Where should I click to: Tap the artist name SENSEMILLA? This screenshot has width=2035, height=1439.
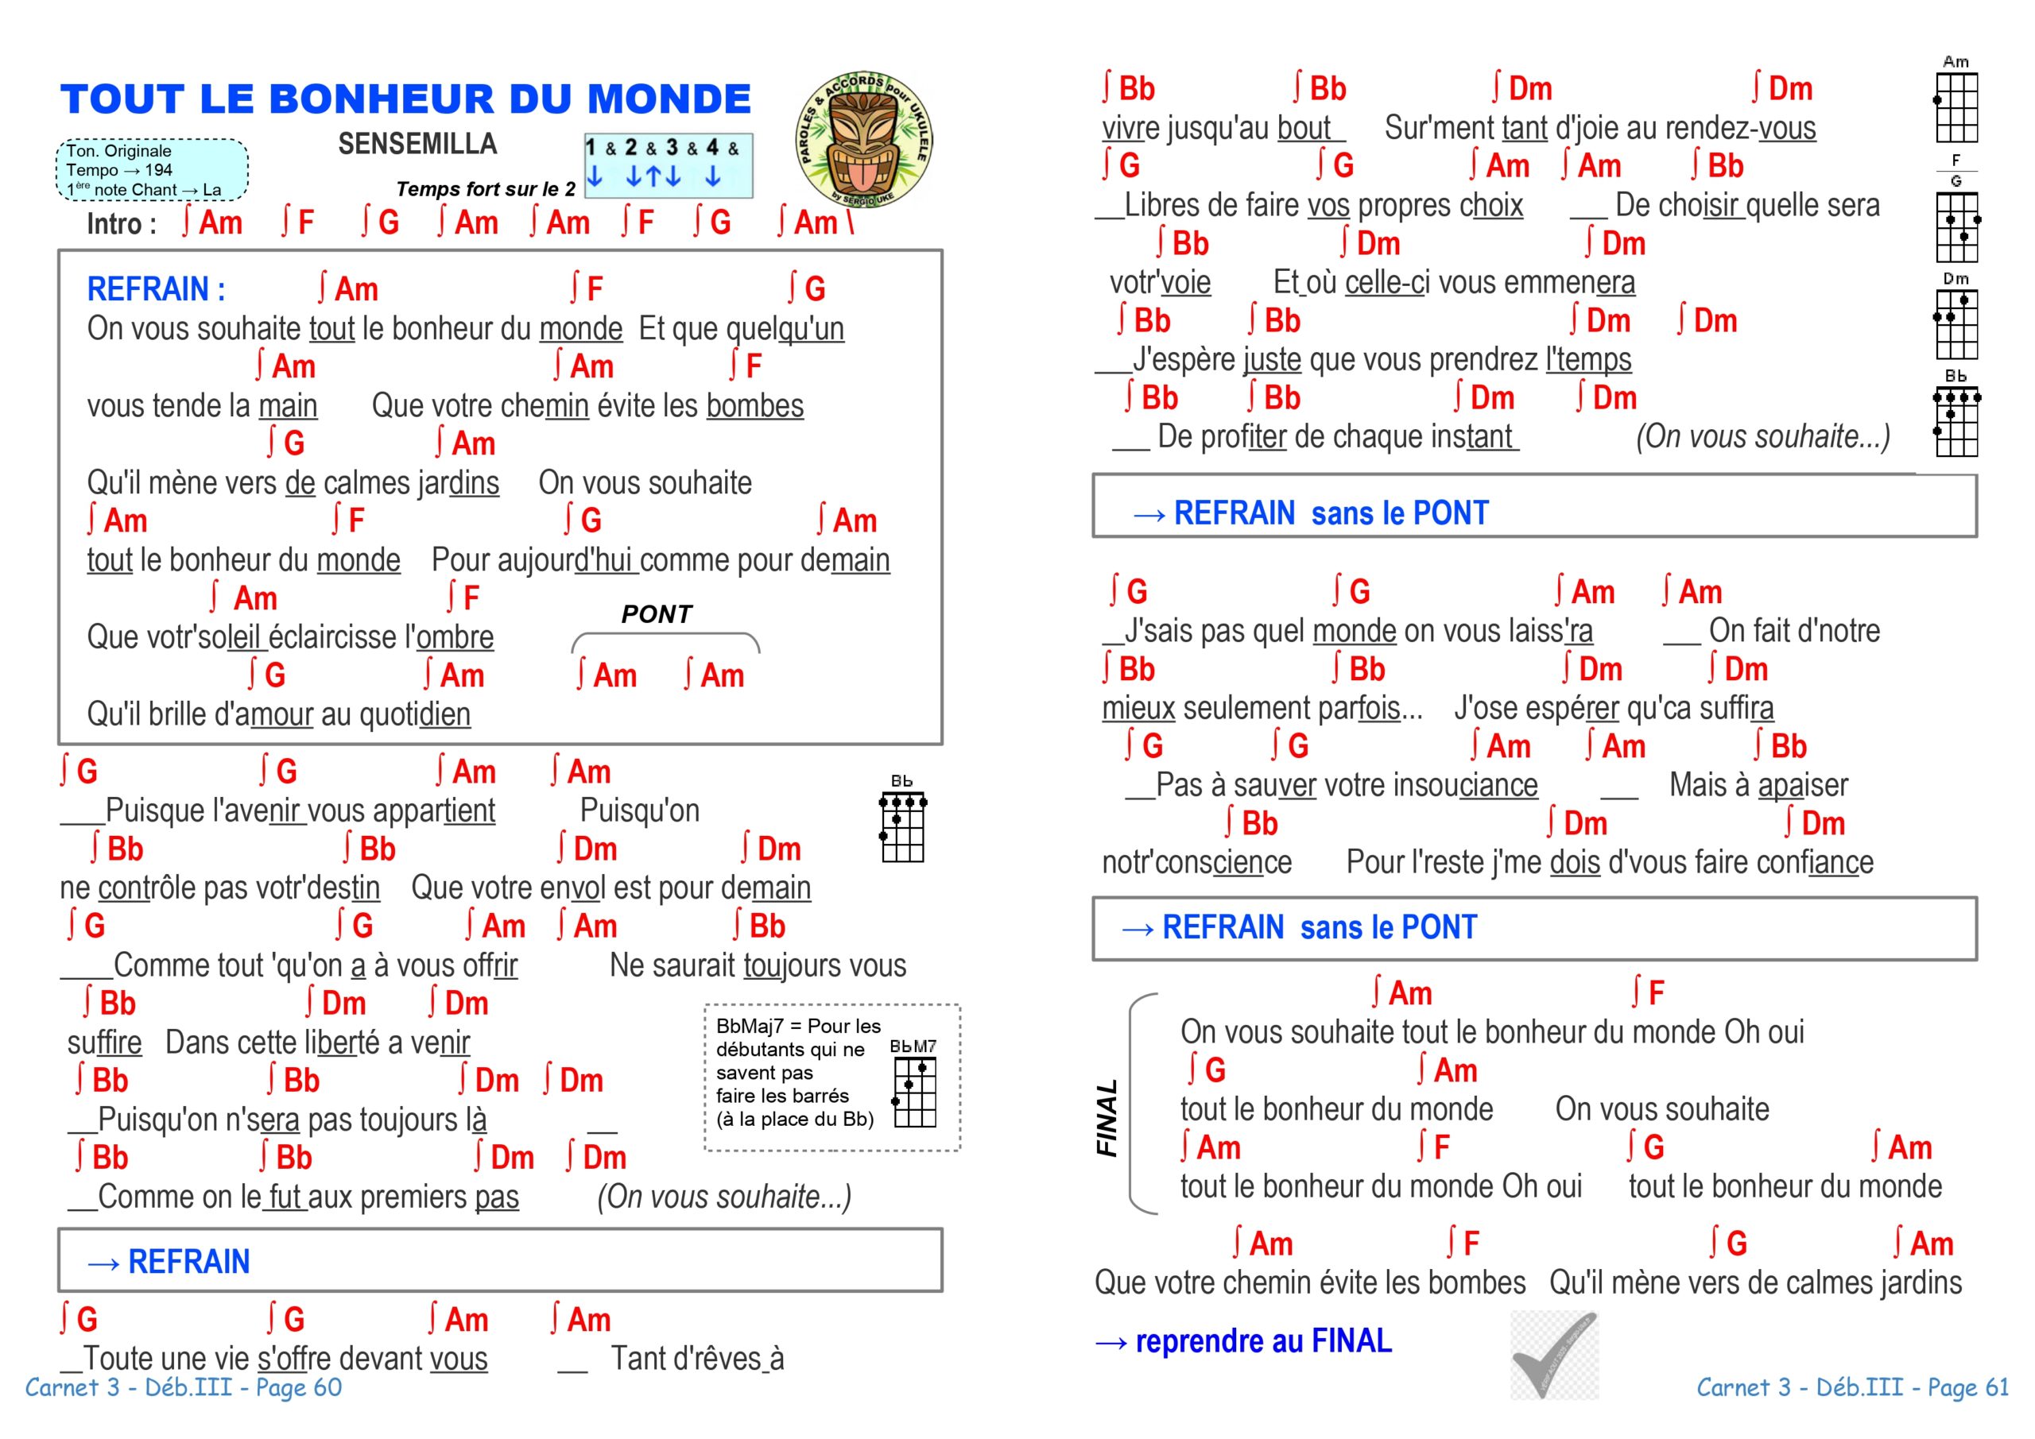coord(417,144)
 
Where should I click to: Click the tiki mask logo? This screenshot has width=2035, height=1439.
coord(864,140)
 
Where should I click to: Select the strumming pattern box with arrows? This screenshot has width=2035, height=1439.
coord(669,164)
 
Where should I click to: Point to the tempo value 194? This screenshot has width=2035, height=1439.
coord(159,170)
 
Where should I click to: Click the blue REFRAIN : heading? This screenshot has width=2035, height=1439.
coord(156,289)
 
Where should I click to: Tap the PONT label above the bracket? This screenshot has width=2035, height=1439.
coord(656,614)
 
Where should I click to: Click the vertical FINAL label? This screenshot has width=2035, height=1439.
coord(1107,1118)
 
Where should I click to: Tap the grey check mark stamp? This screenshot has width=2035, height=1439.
coord(1554,1356)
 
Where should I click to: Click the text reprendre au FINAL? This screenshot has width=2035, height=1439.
coord(1263,1341)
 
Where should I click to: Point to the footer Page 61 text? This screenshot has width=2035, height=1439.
coord(1967,1387)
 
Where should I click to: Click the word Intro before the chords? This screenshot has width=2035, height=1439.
coord(115,224)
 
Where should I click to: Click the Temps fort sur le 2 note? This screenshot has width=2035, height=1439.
coord(486,189)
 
